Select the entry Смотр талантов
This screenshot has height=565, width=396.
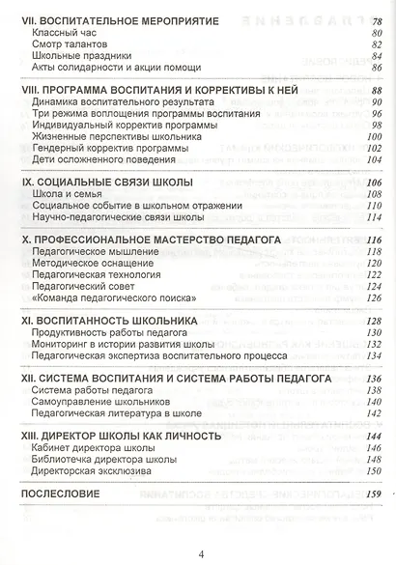tap(71, 44)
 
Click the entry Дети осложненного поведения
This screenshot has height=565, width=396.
tap(101, 161)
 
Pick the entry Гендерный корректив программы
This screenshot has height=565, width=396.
tap(110, 148)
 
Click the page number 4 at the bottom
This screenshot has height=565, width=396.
tap(200, 553)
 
